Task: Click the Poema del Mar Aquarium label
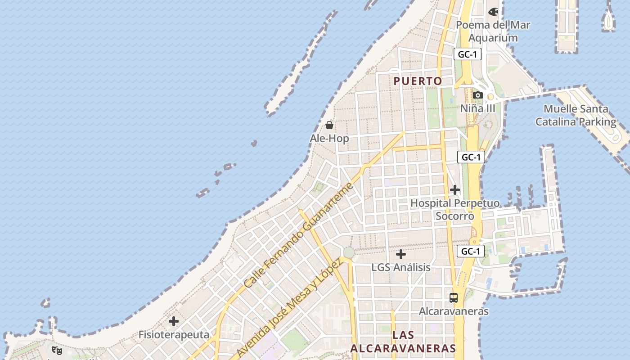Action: [493, 31]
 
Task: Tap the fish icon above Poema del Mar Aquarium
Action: [493, 11]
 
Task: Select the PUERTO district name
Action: [418, 81]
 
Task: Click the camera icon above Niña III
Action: [478, 95]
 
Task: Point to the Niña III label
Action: [478, 108]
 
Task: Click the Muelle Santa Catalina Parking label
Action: [576, 115]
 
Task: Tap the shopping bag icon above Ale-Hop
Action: [329, 125]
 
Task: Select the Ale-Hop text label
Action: [329, 138]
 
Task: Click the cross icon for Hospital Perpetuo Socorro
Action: [455, 190]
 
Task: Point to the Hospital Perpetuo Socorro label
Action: [455, 210]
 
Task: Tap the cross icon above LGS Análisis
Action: [400, 254]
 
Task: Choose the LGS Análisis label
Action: [400, 267]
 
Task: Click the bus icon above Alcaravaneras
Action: [454, 298]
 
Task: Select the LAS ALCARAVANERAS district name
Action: [403, 342]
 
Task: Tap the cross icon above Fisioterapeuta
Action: [174, 321]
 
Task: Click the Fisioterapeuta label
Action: [174, 335]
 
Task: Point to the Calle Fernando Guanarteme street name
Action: [297, 235]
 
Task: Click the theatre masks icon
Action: [57, 350]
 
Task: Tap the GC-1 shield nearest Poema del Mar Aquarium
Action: [468, 54]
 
